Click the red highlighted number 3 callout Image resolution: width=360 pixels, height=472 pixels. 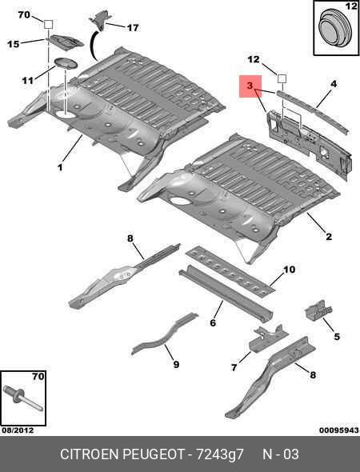[250, 86]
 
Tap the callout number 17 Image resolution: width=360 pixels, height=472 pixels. [133, 28]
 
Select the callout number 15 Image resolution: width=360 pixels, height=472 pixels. [14, 44]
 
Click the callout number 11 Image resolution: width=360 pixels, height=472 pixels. [27, 81]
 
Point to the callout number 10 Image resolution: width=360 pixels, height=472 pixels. [290, 270]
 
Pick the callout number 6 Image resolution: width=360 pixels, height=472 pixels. [213, 323]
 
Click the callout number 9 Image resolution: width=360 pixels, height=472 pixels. [176, 364]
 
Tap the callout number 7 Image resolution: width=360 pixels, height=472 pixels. [234, 367]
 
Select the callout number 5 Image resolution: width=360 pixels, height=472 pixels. [337, 336]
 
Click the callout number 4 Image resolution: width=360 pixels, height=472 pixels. [334, 84]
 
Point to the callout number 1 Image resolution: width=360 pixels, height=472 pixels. [60, 167]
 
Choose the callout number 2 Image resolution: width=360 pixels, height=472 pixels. [329, 237]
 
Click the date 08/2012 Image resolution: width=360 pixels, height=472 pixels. [18, 430]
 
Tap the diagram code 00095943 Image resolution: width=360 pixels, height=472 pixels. [339, 430]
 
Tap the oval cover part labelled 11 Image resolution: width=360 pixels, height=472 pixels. [66, 63]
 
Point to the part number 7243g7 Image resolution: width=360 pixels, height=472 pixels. [220, 454]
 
